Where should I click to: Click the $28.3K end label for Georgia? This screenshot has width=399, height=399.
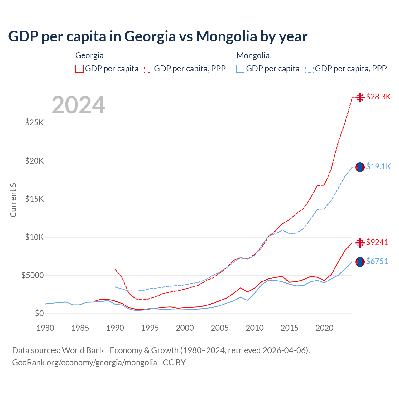click(378, 97)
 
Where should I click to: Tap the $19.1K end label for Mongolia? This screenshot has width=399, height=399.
click(378, 166)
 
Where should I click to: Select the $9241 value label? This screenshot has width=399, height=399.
click(377, 242)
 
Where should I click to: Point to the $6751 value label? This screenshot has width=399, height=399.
click(377, 261)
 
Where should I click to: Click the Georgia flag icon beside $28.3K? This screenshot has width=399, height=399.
click(360, 97)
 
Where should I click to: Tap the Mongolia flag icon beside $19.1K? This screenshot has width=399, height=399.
click(360, 167)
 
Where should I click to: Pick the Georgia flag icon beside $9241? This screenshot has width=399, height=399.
click(360, 243)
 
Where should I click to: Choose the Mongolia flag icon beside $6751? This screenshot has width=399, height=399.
click(360, 262)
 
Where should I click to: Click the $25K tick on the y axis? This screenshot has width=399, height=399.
click(35, 123)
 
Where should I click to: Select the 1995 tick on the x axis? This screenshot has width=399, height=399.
click(150, 328)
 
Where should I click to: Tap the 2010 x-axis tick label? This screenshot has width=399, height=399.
click(255, 328)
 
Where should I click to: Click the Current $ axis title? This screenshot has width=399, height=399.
click(13, 200)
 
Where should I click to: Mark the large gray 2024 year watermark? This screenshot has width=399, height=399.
click(78, 105)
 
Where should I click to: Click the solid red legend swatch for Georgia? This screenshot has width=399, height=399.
click(79, 69)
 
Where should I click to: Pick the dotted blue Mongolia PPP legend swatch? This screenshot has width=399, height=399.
click(310, 69)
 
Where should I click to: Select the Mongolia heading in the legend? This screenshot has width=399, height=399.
click(253, 55)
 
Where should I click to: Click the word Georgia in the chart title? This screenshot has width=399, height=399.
click(150, 36)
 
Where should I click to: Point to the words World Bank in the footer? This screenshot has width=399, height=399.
click(83, 350)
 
